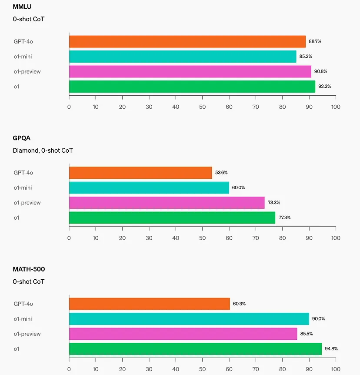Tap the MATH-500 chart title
[x=29, y=270]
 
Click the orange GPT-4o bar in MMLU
[x=187, y=41]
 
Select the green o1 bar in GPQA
[x=172, y=218]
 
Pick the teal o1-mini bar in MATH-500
[x=189, y=319]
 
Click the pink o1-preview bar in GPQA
[x=167, y=203]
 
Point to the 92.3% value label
[x=324, y=87]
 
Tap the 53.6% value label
[x=221, y=173]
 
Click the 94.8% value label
[x=331, y=349]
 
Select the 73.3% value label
[x=274, y=203]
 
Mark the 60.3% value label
[x=239, y=304]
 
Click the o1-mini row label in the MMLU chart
[x=23, y=57]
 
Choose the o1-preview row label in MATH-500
[x=27, y=334]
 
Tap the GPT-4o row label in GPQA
[x=23, y=173]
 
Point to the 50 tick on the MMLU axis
[x=202, y=107]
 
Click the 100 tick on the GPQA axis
[x=335, y=238]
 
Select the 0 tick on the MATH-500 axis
[x=69, y=369]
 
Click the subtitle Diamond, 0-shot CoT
[x=43, y=151]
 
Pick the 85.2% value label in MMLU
[x=306, y=57]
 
